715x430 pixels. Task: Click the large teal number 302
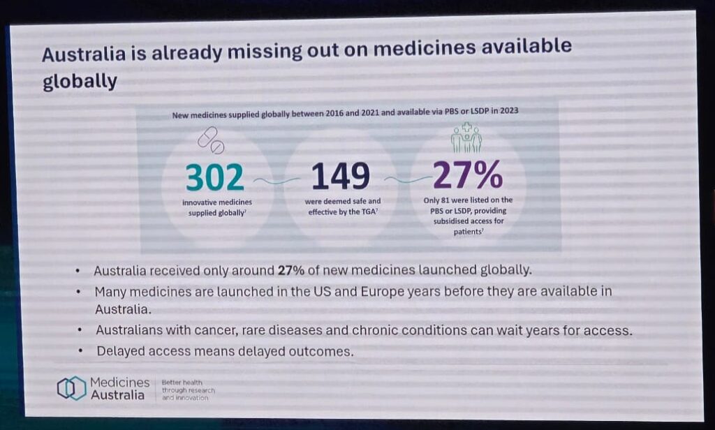(x=215, y=177)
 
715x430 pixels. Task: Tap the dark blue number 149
(x=341, y=176)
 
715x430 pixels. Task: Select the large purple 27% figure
(x=467, y=175)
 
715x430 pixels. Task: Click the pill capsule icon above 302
(x=211, y=140)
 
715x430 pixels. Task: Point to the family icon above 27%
(x=466, y=138)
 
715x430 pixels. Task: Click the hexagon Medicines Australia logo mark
(x=72, y=389)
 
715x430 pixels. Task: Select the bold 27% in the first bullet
(x=291, y=270)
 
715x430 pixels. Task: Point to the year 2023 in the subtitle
(x=509, y=110)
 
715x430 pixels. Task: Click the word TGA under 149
(x=369, y=212)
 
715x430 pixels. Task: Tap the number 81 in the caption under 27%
(x=445, y=200)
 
